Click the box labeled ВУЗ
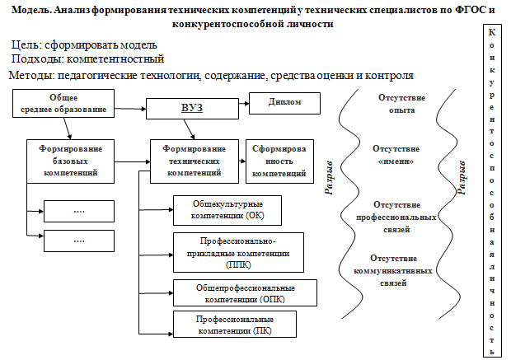tap(192, 109)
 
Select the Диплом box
tap(285, 103)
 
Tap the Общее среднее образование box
tap(63, 103)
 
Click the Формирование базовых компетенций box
tap(70, 161)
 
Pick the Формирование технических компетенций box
tap(195, 161)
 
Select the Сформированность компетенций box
tap(279, 161)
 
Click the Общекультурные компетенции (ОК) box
tap(227, 210)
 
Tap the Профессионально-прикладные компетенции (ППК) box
tap(238, 252)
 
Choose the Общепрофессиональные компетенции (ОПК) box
tap(245, 292)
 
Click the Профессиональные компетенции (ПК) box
tap(235, 324)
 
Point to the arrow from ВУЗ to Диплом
tap(244, 104)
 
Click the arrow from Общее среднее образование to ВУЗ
tap(130, 109)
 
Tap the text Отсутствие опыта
tap(401, 104)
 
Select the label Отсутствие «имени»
tap(396, 155)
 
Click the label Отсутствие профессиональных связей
tap(396, 217)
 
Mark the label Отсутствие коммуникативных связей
tap(393, 270)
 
